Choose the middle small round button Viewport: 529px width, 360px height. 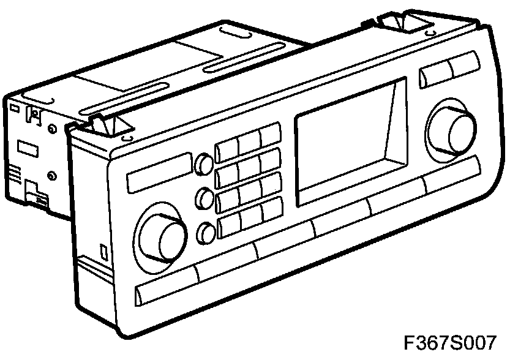[x=204, y=197]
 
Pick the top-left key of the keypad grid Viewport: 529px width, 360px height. [x=227, y=149]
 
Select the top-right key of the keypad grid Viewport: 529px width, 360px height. [x=270, y=134]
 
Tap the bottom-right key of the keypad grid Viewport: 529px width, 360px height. [x=271, y=209]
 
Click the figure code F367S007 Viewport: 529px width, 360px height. [x=449, y=342]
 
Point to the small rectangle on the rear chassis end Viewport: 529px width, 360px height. [x=26, y=147]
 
